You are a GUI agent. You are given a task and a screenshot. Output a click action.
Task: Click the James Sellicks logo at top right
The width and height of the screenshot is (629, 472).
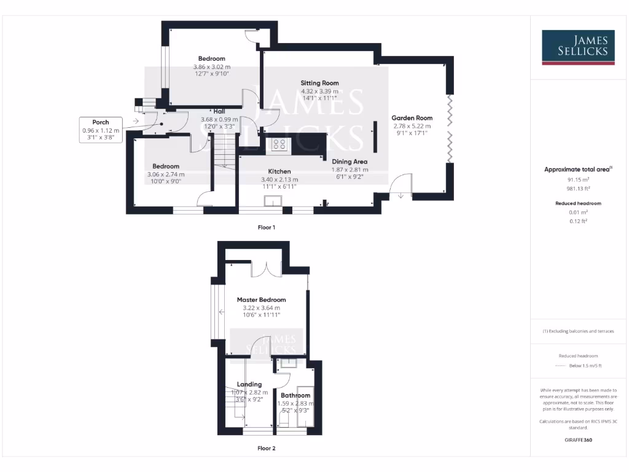point(578,47)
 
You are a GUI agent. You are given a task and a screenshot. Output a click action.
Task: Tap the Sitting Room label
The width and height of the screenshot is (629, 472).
point(319,83)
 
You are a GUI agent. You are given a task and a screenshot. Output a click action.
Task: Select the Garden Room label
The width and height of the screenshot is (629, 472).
point(412,118)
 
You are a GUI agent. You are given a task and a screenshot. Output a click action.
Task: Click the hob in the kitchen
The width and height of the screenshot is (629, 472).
point(279,144)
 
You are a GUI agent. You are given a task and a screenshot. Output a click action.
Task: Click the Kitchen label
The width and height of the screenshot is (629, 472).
point(279,171)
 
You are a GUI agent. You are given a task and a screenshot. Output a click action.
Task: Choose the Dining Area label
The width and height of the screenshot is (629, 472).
point(350,162)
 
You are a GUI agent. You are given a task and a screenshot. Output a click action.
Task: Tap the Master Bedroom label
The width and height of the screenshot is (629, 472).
point(262,300)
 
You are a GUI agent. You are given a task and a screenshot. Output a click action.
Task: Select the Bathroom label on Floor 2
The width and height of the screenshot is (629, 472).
point(295,396)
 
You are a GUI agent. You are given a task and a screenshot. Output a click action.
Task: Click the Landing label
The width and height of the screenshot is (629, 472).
point(249,385)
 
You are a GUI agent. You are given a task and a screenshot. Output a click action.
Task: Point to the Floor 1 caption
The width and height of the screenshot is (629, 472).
point(266,227)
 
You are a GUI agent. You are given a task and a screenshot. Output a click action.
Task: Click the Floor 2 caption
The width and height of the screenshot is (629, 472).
point(266,449)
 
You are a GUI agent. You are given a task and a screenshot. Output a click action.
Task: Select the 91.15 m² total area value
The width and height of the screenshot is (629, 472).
point(578,179)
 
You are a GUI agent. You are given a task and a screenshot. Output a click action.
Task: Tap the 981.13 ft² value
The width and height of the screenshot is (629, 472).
point(578,189)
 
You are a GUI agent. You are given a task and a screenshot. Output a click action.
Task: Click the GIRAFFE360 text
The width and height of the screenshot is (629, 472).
point(578,440)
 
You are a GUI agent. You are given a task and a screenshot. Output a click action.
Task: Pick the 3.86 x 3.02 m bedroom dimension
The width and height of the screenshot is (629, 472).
point(212,66)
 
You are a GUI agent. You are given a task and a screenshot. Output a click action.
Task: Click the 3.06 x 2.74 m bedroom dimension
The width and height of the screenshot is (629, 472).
point(166,175)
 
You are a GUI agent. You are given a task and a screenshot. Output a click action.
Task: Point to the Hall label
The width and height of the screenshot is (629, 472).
point(219,111)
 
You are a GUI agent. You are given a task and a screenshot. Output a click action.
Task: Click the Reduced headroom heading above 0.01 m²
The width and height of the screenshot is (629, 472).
point(578,203)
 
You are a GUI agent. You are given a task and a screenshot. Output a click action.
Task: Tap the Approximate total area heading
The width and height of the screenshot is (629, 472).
point(578,169)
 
